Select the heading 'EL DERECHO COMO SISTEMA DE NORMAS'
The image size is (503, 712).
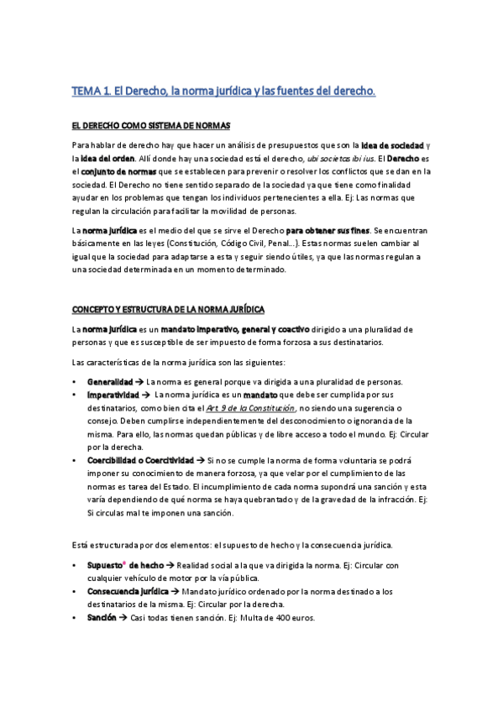coord(150,126)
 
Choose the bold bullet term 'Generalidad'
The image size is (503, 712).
coord(110,382)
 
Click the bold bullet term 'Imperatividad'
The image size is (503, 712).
coord(113,395)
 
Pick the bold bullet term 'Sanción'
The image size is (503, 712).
coord(101,618)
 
